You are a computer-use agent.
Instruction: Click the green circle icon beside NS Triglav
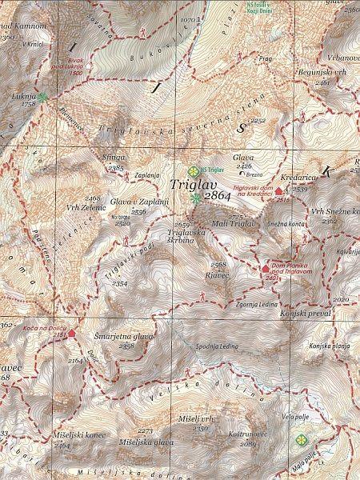pyautogui.click(x=192, y=170)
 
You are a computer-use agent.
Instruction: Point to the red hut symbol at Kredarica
pyautogui.click(x=279, y=192)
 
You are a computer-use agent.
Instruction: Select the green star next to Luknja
pyautogui.click(x=42, y=96)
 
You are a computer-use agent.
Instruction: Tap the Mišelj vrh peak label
pyautogui.click(x=195, y=418)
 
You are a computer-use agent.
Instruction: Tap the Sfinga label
pyautogui.click(x=114, y=159)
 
